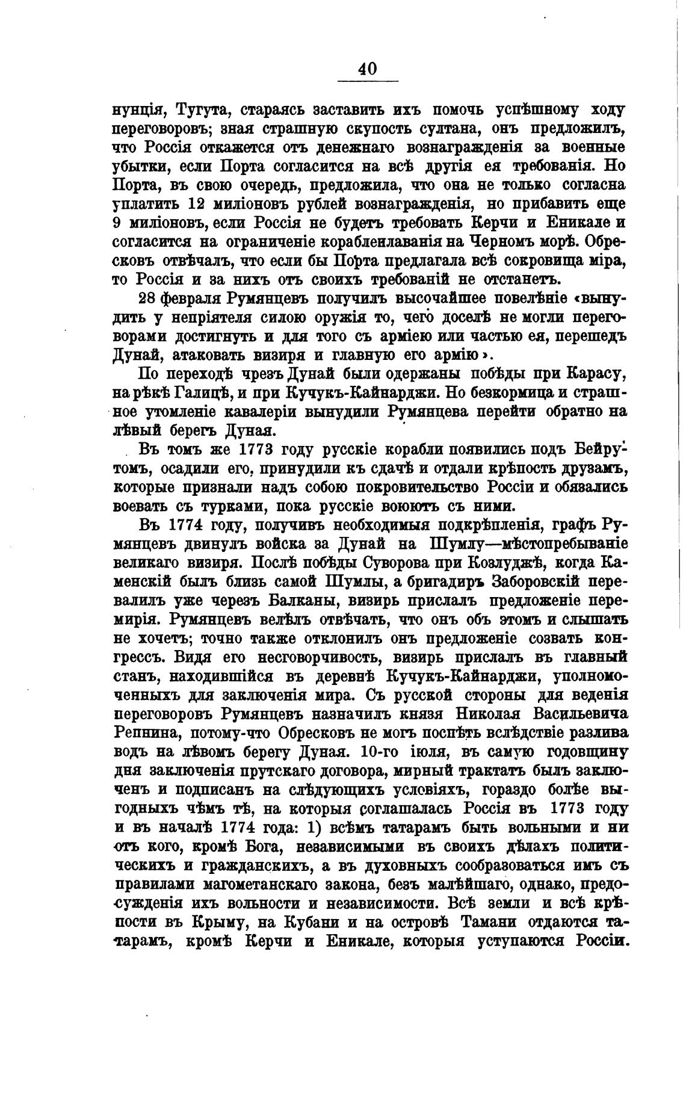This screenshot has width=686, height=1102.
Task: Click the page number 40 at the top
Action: pos(367,69)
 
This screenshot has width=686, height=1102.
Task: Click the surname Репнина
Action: pos(147,733)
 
